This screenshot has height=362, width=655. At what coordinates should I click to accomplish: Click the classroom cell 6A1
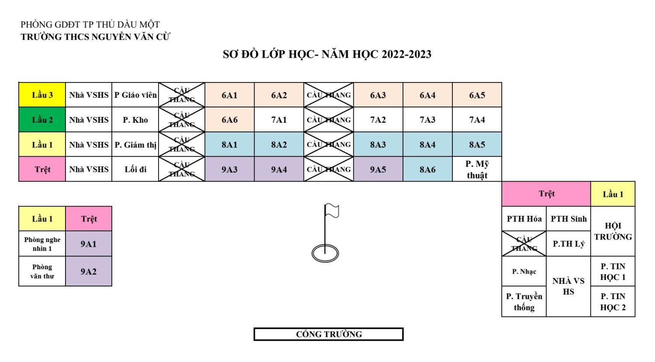click(229, 95)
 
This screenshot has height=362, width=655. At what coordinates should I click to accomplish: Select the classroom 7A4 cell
click(477, 120)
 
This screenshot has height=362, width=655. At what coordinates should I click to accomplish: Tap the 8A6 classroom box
click(427, 169)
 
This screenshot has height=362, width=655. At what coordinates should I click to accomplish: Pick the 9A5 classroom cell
click(378, 169)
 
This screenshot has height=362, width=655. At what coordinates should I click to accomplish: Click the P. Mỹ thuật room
click(477, 169)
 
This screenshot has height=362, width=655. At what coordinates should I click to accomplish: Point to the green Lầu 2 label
click(42, 120)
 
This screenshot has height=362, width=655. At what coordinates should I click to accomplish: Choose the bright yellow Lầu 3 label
click(42, 95)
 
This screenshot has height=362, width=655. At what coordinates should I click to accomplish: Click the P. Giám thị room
click(135, 145)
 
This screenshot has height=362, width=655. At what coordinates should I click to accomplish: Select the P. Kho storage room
click(135, 120)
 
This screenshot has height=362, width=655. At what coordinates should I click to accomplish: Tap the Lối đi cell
click(135, 169)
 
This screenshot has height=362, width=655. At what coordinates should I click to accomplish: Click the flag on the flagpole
click(332, 211)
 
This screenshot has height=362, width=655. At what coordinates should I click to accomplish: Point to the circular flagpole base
click(325, 253)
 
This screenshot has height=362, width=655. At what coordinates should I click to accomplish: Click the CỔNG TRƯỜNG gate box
click(328, 334)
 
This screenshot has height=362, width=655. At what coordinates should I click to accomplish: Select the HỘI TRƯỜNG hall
click(613, 231)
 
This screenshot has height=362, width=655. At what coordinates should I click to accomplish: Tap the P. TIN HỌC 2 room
click(613, 302)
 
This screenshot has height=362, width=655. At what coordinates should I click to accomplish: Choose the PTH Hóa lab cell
click(524, 219)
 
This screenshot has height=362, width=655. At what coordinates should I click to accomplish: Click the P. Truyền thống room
click(524, 302)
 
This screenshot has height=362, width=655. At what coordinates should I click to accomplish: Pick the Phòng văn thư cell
click(42, 271)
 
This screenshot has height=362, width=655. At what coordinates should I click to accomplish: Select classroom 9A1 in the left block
click(89, 244)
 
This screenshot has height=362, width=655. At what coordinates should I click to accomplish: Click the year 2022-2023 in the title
click(407, 55)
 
